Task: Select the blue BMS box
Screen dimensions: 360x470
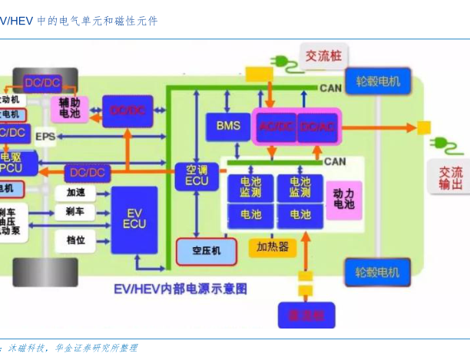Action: [x=228, y=126]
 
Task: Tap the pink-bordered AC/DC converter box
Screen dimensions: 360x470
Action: [x=275, y=126]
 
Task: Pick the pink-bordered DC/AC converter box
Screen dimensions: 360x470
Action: [x=316, y=126]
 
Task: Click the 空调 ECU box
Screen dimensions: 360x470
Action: [x=197, y=175]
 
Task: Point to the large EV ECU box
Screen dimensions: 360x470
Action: [x=134, y=218]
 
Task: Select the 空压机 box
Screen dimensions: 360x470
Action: [x=207, y=250]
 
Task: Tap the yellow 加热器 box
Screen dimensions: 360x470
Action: [x=273, y=247]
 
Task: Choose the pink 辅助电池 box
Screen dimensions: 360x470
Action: [x=70, y=108]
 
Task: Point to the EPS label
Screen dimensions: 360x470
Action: [x=45, y=137]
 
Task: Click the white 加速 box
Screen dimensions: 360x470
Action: [x=76, y=192]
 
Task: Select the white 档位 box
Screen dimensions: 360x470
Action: [x=75, y=240]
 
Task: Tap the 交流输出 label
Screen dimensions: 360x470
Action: [x=451, y=178]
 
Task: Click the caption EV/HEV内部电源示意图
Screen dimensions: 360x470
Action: [x=180, y=289]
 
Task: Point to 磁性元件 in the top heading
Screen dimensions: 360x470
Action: [x=135, y=21]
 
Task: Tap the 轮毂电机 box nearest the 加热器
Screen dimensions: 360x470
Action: [x=377, y=272]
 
